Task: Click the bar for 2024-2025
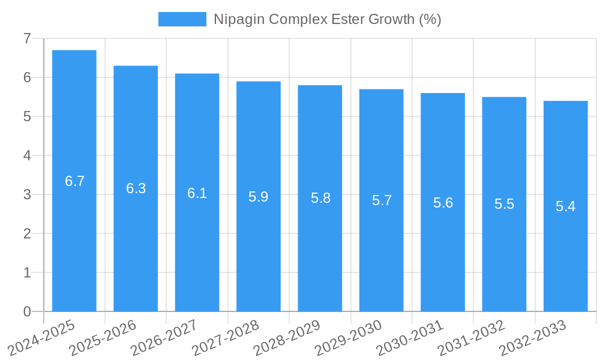tap(74, 181)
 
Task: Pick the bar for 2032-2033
tap(565, 206)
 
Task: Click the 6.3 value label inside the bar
tap(136, 188)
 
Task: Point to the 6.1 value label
tap(197, 193)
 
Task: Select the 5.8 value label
tap(320, 198)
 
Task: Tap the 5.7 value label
tap(382, 200)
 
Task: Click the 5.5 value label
tap(504, 204)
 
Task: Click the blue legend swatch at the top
tap(182, 19)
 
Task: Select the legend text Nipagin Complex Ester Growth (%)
tap(327, 19)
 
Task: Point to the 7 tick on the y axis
tap(27, 38)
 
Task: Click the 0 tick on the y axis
tap(27, 311)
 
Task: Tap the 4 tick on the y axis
tap(27, 155)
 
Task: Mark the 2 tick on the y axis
tap(27, 233)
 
